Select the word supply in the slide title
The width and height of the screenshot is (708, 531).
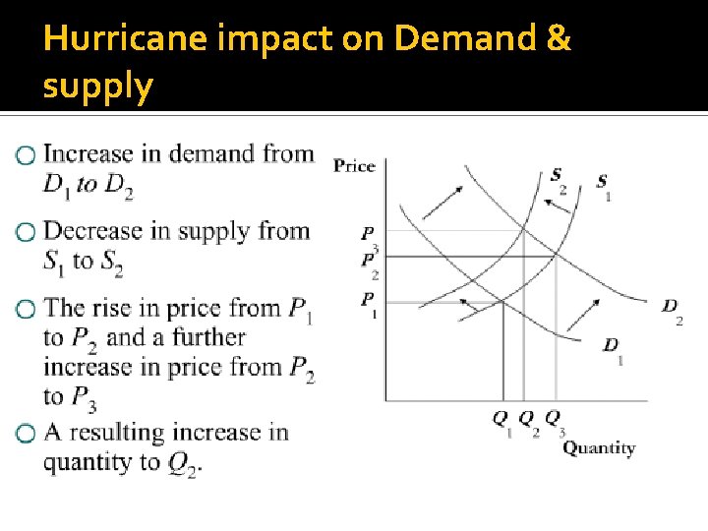click(98, 87)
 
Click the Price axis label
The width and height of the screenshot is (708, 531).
click(354, 165)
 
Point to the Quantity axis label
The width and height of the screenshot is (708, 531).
click(599, 448)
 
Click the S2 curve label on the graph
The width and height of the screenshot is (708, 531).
click(558, 181)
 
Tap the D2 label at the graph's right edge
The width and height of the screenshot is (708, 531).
click(672, 310)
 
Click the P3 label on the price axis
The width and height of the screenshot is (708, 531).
click(369, 238)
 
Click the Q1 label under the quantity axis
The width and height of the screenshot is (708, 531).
click(502, 422)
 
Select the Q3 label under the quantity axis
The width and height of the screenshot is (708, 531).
click(555, 422)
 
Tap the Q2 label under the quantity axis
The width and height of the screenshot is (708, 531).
click(528, 422)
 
